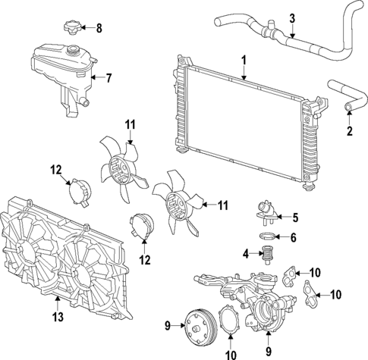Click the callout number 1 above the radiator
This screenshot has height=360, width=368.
tap(244, 59)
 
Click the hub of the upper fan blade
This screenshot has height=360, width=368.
tap(119, 171)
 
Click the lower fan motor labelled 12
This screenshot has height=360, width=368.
tap(141, 227)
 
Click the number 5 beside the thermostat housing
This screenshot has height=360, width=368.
tap(295, 218)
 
